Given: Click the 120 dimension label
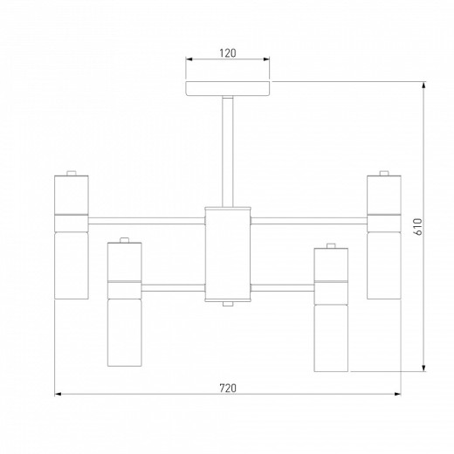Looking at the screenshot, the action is [x=228, y=53].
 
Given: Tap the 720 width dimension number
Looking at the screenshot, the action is [x=228, y=388].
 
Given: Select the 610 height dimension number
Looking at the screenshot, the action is [x=417, y=226].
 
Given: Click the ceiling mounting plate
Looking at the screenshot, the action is [x=228, y=88].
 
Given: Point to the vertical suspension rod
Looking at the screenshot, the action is [x=228, y=152].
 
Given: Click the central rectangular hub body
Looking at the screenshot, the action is [x=228, y=254].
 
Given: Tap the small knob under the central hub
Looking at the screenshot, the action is [x=228, y=304].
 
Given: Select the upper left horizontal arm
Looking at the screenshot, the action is [x=147, y=221].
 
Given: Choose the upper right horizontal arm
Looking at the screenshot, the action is [x=309, y=221].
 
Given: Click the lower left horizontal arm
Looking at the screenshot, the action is [x=173, y=288].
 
